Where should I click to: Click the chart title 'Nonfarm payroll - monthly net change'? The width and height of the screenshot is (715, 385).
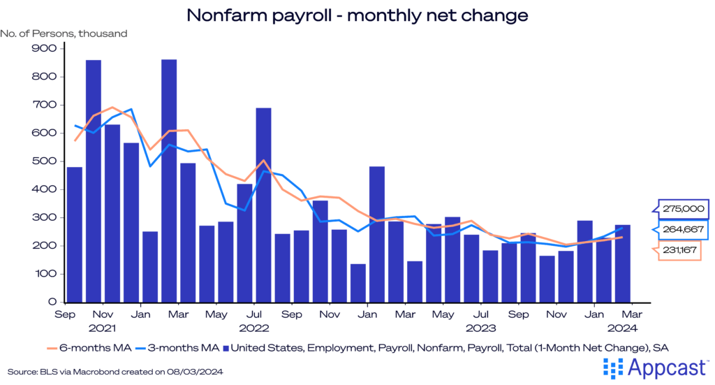(x=357, y=15)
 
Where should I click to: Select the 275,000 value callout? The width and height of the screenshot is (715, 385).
(x=683, y=209)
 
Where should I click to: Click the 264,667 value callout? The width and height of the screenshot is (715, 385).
(x=683, y=228)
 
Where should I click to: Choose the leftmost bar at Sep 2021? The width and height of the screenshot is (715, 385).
(x=75, y=235)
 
